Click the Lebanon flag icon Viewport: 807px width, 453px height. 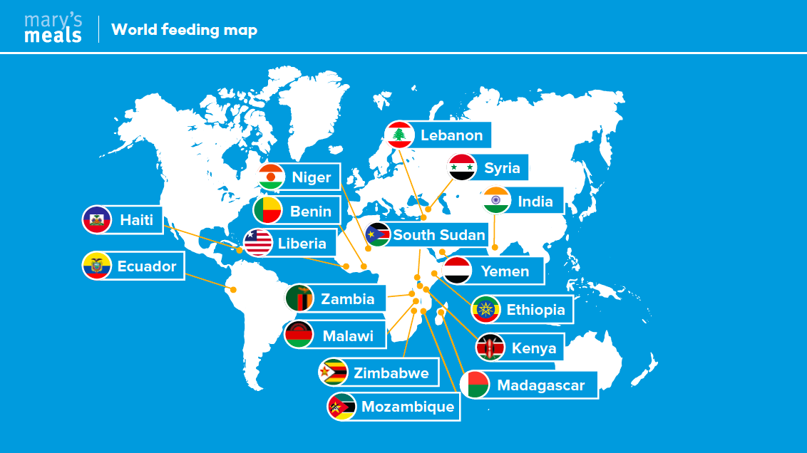coord(399,135)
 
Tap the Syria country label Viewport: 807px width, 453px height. coord(502,168)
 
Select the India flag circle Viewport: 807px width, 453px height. coord(497,201)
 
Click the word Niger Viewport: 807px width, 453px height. coord(312,177)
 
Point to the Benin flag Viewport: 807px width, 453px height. coord(267,211)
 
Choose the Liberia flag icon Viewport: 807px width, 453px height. coord(258,243)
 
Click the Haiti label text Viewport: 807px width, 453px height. coord(136,220)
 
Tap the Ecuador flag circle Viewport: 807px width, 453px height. coord(97,266)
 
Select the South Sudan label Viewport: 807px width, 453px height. coord(439,235)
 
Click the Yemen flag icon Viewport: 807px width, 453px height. coord(457,271)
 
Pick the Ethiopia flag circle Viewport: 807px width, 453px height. coord(485,310)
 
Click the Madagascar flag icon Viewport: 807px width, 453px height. coord(475,385)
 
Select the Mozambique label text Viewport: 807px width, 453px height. coord(408,407)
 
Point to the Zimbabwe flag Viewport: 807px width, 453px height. coord(334,373)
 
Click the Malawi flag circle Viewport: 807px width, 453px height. coord(299,335)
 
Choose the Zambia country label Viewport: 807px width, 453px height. coord(347,298)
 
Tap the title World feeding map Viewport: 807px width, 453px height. coord(185,29)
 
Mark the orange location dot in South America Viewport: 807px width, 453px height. coord(232,288)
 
